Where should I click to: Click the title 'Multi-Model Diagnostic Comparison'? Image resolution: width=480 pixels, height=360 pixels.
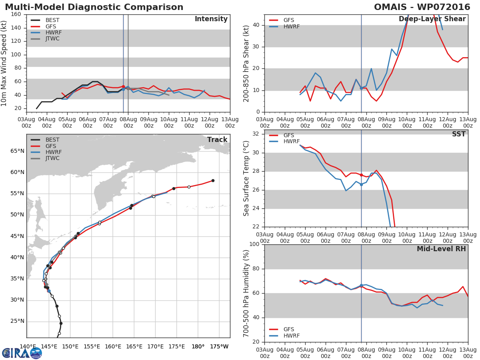coord(94,7)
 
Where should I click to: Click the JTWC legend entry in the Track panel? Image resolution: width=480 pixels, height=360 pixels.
coord(52,158)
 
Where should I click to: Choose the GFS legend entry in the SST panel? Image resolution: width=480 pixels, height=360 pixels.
coord(288,135)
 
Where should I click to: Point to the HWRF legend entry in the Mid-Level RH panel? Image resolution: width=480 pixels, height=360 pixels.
coord(291,336)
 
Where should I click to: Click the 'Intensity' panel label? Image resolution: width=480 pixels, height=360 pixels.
coord(211,19)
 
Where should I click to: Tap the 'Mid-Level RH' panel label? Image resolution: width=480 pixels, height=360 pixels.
coord(441,249)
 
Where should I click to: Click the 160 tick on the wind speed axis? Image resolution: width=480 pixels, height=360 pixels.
coord(16,14)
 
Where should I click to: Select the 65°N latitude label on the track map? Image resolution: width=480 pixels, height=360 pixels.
coord(17,151)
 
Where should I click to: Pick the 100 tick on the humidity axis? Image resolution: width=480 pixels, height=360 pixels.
coord(254,244)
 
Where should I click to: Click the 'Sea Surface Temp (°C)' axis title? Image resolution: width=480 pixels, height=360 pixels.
coord(246,179)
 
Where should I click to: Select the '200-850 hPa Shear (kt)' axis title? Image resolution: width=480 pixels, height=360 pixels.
coord(246,63)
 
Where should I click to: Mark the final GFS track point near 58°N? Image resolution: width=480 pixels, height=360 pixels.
coord(213,180)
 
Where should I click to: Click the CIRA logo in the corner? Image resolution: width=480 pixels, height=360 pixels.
coord(22,353)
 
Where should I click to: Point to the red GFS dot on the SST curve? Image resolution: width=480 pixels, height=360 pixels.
coord(361,175)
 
